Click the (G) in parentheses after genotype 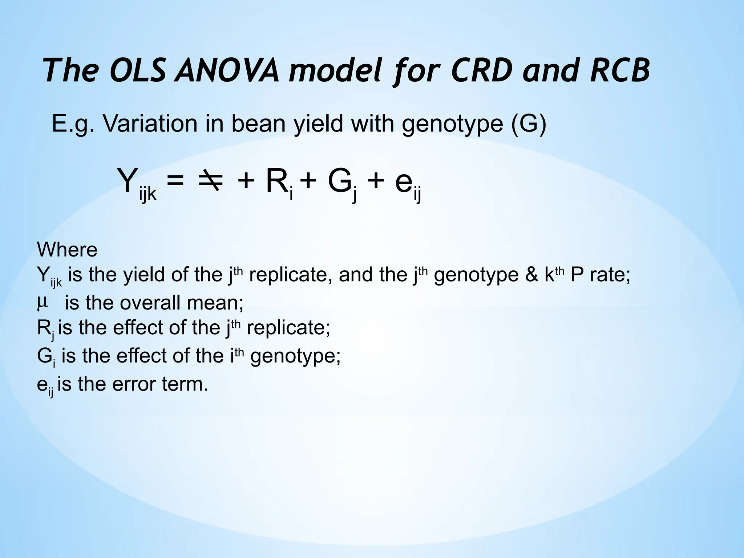point(529,124)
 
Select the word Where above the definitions point(67,250)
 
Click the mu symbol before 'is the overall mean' point(43,302)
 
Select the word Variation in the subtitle point(150,124)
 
